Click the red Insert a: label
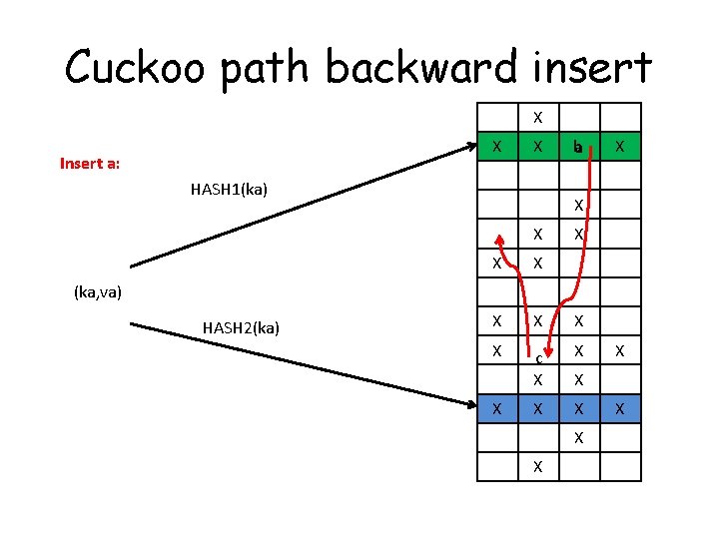point(90,163)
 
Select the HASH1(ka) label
point(229,189)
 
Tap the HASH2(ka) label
point(241,327)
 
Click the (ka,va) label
point(98,292)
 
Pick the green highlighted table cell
point(497,147)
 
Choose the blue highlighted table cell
point(497,407)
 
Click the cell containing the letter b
point(578,147)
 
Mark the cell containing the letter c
point(537,356)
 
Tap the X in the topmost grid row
point(537,117)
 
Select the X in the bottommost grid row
point(537,465)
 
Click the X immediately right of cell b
point(619,147)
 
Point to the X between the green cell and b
point(537,147)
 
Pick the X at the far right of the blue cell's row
point(619,407)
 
